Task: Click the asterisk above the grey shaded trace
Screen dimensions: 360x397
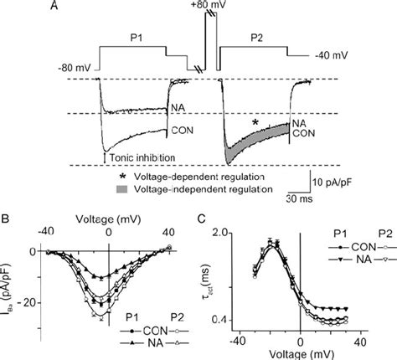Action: [255, 122]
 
